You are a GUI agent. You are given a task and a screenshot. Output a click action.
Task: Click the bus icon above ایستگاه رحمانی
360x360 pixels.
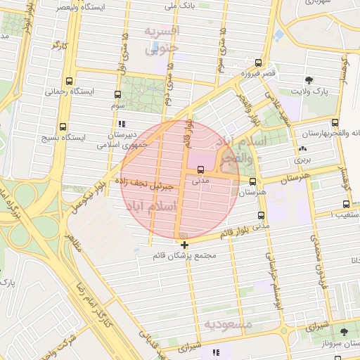click(68, 81)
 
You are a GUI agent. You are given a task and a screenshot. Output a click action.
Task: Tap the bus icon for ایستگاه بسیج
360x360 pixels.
click(63, 127)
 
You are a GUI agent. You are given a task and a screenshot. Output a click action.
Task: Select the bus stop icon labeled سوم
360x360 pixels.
click(117, 94)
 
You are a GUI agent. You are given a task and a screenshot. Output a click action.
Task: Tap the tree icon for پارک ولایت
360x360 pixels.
click(309, 81)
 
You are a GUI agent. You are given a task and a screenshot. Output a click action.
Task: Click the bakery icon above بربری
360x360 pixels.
click(302, 149)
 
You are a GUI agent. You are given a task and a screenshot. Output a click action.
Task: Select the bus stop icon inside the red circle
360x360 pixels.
click(202, 169)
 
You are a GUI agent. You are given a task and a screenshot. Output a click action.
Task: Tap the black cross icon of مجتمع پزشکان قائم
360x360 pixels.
click(184, 245)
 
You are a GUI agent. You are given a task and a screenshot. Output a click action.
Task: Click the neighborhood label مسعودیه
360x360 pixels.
click(228, 324)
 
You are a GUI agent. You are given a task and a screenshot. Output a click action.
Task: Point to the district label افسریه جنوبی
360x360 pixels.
click(162, 39)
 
